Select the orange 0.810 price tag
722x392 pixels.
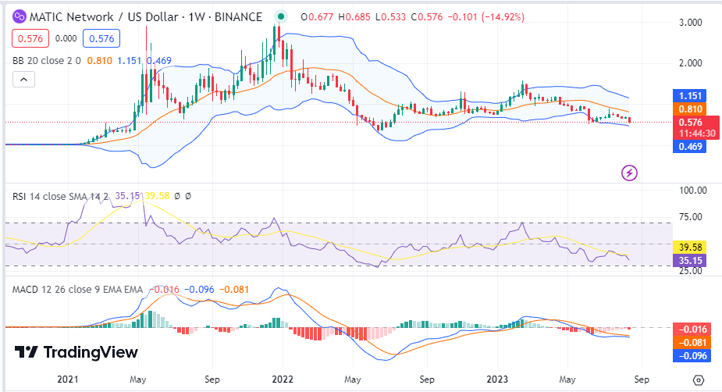click(x=691, y=109)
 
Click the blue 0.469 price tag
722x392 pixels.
click(x=691, y=146)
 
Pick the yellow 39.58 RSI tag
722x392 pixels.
click(x=691, y=247)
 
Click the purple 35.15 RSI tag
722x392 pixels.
click(x=691, y=261)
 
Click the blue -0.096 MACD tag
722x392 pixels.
click(x=691, y=355)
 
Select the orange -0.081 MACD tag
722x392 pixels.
click(x=691, y=342)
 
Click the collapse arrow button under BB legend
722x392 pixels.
click(x=23, y=79)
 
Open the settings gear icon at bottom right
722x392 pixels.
click(x=699, y=380)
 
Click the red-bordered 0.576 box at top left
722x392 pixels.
click(x=30, y=37)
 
